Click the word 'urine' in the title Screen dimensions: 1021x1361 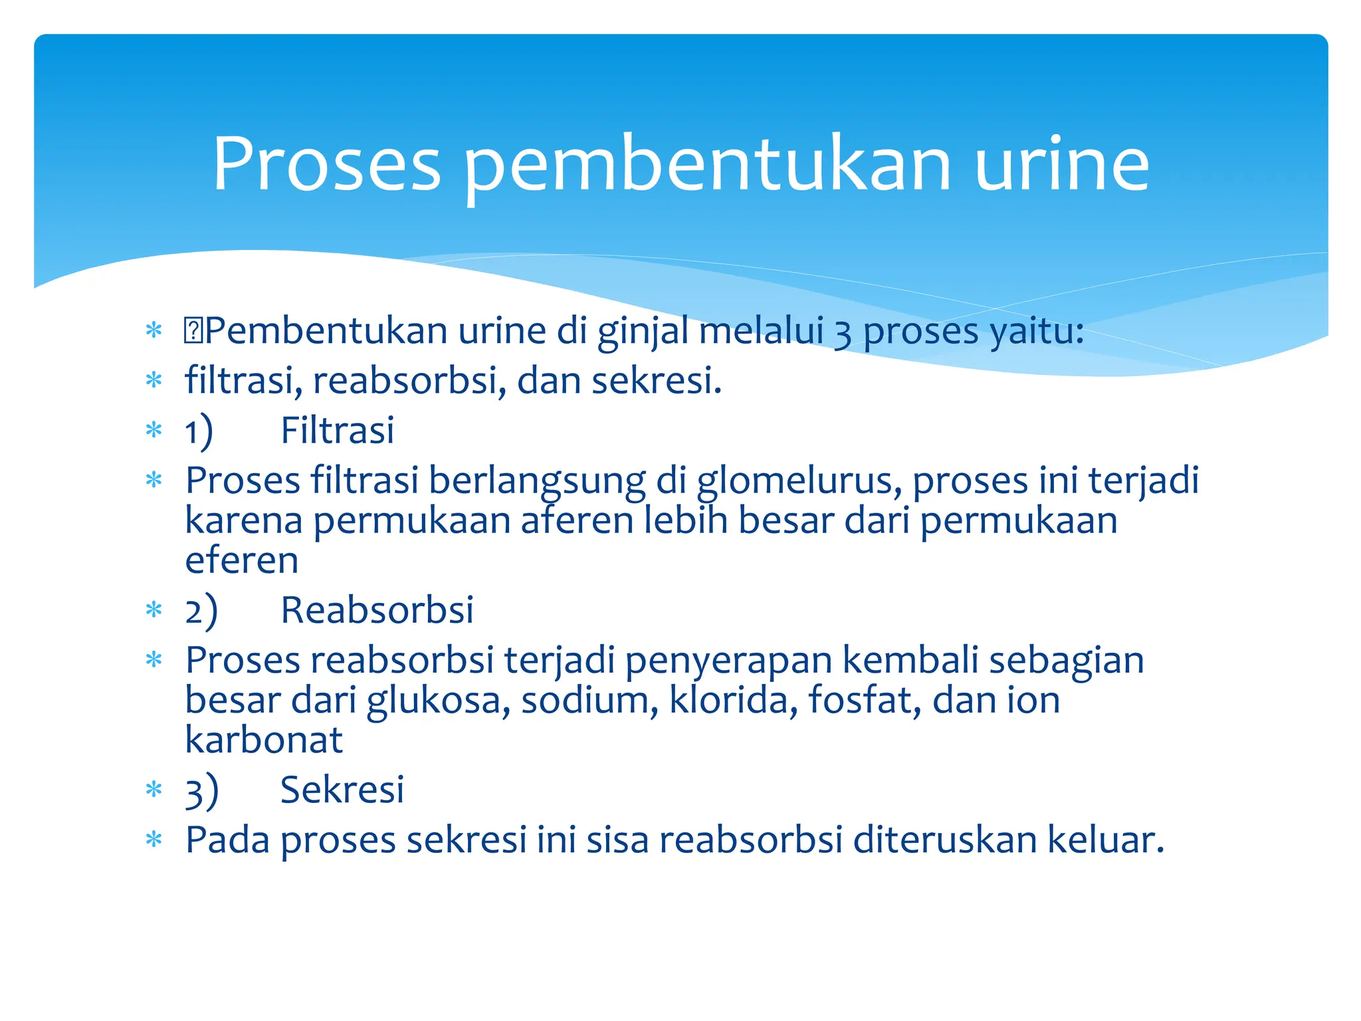tap(1061, 164)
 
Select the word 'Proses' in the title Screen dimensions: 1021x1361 tap(326, 164)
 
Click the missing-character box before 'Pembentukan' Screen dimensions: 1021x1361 tap(193, 331)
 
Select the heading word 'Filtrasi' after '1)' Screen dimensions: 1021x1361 tap(337, 430)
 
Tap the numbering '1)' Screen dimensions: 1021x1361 tap(199, 431)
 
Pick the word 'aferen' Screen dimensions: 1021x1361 tap(577, 520)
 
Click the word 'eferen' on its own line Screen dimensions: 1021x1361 tap(241, 560)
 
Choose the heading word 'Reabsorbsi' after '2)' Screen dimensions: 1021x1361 tap(377, 610)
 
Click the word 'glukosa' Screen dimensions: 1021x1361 tap(438, 701)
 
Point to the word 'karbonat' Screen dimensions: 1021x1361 tap(263, 740)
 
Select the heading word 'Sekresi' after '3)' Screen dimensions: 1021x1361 tap(342, 790)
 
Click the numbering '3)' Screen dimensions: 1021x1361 tap(201, 791)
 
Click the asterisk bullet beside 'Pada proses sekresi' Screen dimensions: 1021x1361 tap(154, 840)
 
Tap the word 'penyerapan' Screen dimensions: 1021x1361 tap(728, 661)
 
